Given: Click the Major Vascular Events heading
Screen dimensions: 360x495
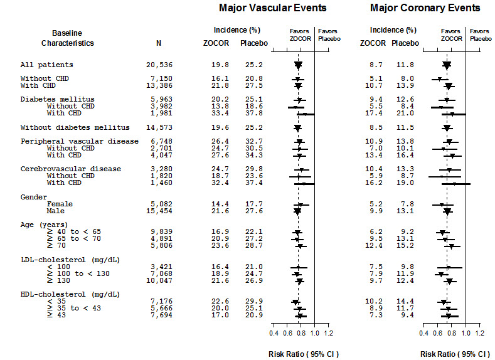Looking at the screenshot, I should tap(272, 8).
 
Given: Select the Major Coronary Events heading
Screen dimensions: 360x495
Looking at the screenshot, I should tap(425, 8).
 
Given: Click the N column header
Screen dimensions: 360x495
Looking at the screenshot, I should tap(158, 43).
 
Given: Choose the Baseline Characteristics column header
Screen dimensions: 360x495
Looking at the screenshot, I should tap(68, 38).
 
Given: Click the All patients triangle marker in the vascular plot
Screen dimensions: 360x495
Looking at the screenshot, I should tap(298, 65).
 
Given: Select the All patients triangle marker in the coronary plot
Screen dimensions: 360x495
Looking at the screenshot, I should tap(447, 65).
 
